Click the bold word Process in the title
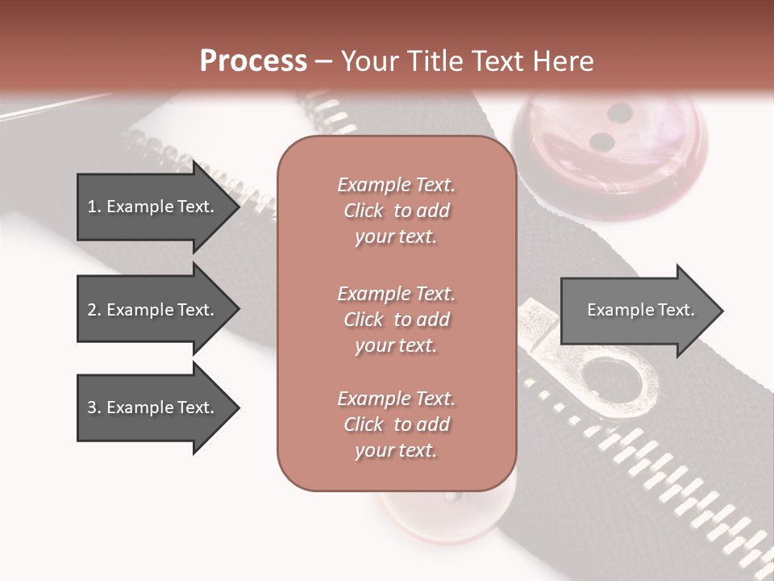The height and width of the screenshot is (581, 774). (x=253, y=61)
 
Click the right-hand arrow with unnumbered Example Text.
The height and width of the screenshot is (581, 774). (x=637, y=310)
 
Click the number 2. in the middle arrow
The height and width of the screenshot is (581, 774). (x=94, y=310)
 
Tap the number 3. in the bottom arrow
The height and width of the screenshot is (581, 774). (x=94, y=408)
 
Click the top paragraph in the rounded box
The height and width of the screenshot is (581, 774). (x=396, y=211)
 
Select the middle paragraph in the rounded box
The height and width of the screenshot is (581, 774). (x=396, y=320)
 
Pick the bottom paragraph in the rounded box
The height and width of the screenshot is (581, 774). (x=396, y=424)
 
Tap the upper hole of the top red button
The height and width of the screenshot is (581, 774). (x=620, y=113)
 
